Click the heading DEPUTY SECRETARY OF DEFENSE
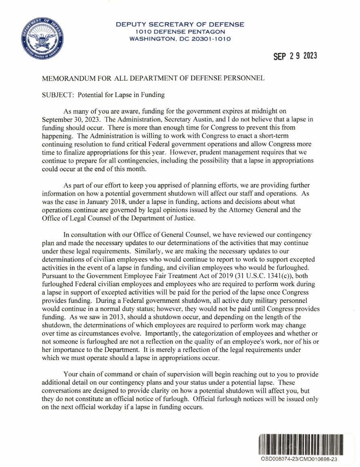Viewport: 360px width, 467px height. [x=180, y=24]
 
